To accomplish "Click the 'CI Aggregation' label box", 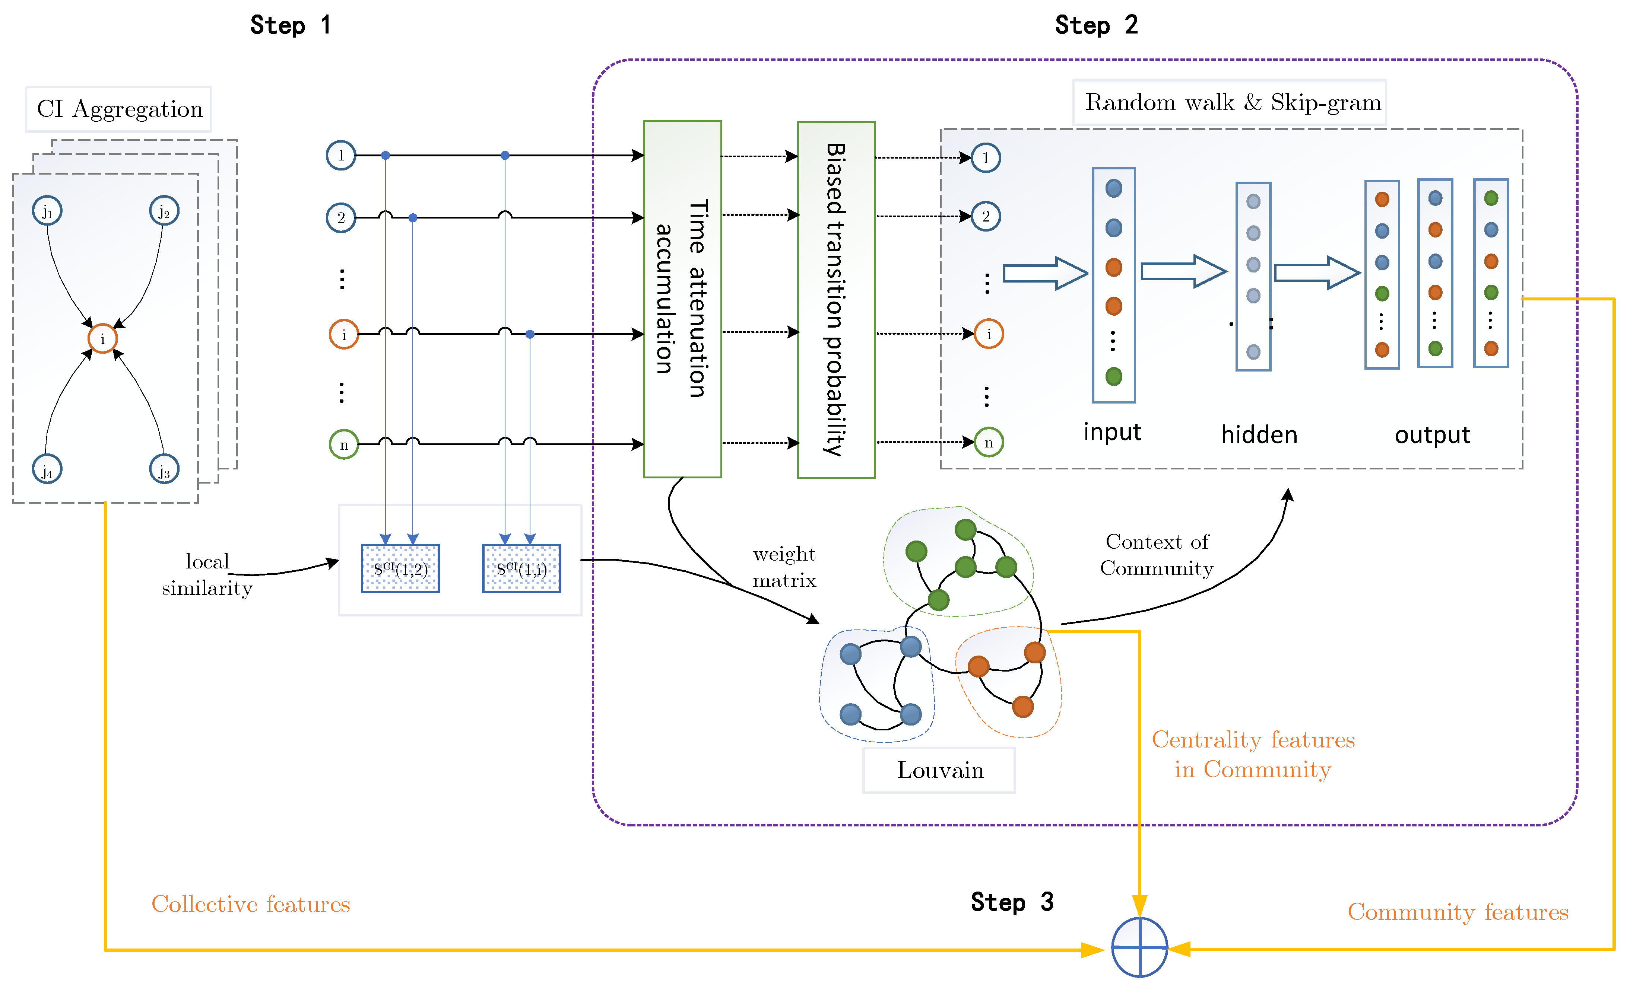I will point(119,109).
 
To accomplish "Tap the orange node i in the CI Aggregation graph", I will point(102,338).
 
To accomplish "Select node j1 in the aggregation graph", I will point(47,211).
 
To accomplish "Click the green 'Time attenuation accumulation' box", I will point(682,299).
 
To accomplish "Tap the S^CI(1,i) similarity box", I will point(521,568).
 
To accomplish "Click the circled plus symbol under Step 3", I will point(1139,947).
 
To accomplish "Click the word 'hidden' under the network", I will point(1259,434).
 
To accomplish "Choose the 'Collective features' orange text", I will point(251,904).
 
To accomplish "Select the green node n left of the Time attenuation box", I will point(343,444).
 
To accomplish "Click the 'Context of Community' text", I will point(1156,555).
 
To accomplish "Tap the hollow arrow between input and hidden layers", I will point(1183,271).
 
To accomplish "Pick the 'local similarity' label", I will point(207,574).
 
